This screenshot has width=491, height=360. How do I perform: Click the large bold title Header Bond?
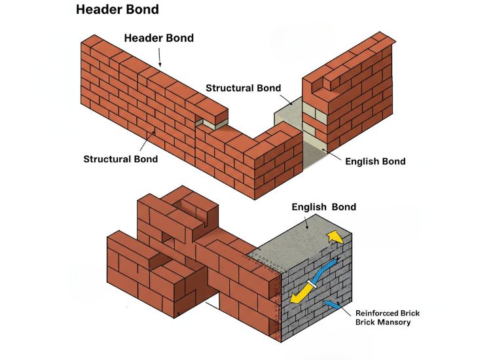tap(117, 10)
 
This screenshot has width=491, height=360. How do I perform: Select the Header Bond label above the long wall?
tap(159, 38)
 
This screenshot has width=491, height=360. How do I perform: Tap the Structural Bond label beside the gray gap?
tap(244, 88)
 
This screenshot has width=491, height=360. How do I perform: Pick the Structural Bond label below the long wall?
tap(120, 159)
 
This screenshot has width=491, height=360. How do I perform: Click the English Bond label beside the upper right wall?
tap(375, 162)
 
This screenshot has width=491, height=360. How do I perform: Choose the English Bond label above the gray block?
tap(324, 207)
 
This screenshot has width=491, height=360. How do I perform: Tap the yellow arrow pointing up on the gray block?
tap(335, 236)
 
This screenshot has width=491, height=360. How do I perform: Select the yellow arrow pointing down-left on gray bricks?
tap(299, 297)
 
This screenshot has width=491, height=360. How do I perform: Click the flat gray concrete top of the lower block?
tap(301, 242)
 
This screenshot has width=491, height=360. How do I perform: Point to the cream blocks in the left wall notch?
tap(215, 122)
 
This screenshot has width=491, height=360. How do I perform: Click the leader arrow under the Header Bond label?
tap(159, 58)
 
